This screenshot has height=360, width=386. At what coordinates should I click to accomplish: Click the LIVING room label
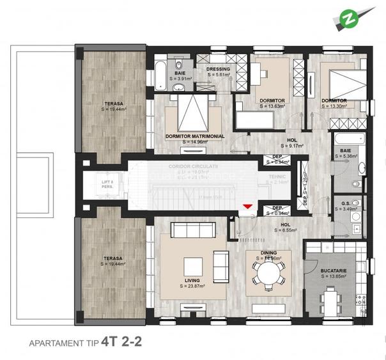tap(192, 279)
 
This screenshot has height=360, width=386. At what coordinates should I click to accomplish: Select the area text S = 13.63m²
tap(272, 107)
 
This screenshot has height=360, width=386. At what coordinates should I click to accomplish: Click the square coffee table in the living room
tap(192, 265)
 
